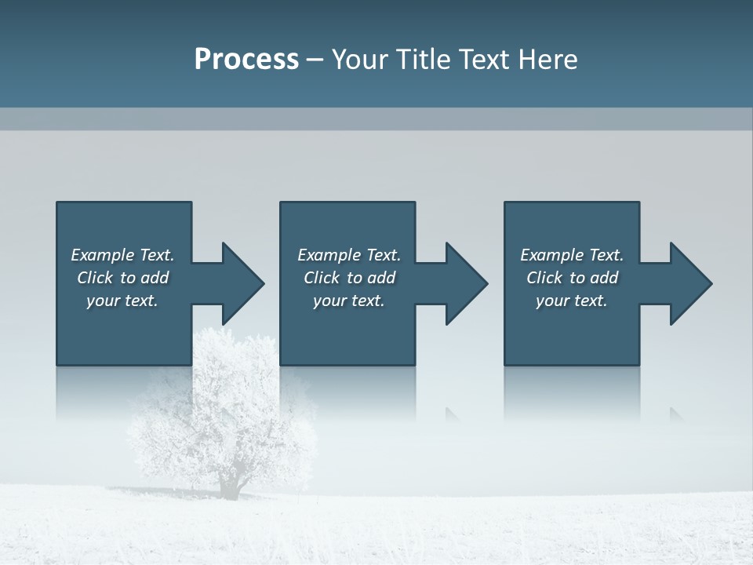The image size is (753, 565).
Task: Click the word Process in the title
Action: [246, 60]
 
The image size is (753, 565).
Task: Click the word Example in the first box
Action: [103, 255]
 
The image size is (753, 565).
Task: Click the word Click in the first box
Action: [95, 278]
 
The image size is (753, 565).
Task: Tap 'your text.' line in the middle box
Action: [348, 301]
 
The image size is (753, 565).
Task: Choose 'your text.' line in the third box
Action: [571, 301]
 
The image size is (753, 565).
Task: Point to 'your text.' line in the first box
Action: [122, 301]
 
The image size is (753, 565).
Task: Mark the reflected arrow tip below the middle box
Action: [453, 414]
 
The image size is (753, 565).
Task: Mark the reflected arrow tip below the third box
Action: [676, 414]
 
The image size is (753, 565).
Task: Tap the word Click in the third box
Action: [544, 278]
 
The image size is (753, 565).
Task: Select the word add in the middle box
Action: [381, 278]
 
